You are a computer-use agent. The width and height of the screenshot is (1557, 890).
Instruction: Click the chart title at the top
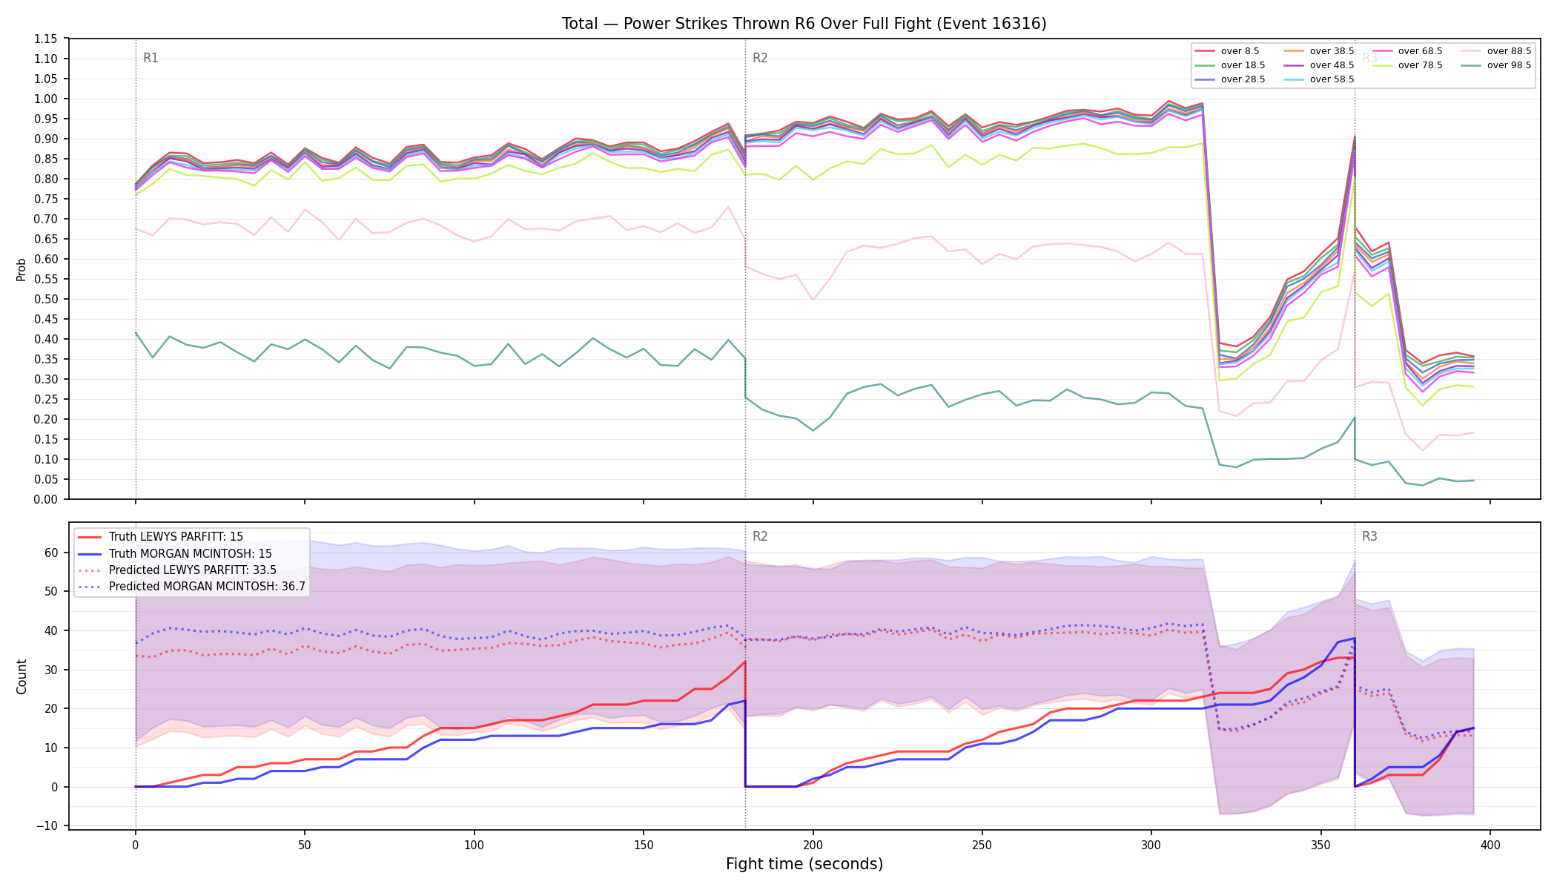[x=804, y=24]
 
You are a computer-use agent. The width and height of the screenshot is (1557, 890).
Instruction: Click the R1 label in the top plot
[x=151, y=58]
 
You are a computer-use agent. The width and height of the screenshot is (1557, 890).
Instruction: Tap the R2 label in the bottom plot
[x=760, y=536]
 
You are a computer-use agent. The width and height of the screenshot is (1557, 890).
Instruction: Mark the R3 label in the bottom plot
[x=1369, y=536]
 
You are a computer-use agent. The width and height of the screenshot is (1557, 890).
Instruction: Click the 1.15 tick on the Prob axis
[x=45, y=39]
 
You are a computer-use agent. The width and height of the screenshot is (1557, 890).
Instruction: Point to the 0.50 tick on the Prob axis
[x=45, y=299]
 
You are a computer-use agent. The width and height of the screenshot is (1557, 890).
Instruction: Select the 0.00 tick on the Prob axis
[x=45, y=499]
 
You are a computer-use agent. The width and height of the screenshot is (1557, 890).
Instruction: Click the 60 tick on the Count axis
[x=51, y=553]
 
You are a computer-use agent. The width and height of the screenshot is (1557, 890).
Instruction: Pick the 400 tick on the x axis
[x=1490, y=845]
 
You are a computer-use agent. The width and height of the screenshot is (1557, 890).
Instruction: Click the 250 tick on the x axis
[x=982, y=845]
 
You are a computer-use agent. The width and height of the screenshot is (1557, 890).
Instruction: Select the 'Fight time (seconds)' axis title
[x=804, y=864]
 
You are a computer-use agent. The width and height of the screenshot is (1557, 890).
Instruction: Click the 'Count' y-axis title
[x=22, y=676]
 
